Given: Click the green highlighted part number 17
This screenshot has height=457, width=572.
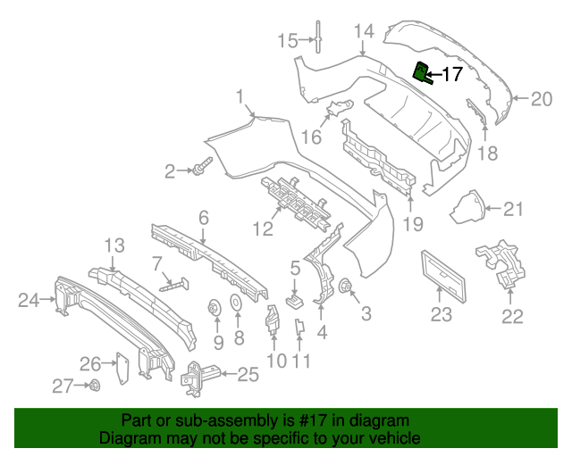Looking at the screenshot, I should click(x=421, y=72).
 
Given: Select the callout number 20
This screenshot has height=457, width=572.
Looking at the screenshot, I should click(x=542, y=99).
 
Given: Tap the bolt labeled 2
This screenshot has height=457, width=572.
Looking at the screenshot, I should click(x=200, y=167).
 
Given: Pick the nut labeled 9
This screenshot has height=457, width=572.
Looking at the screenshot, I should click(x=215, y=309).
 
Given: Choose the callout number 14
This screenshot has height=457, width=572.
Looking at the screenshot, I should click(x=363, y=32).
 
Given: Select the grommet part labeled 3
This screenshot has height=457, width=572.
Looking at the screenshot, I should click(x=345, y=287).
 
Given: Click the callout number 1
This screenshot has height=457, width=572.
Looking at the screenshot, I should click(x=240, y=96).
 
